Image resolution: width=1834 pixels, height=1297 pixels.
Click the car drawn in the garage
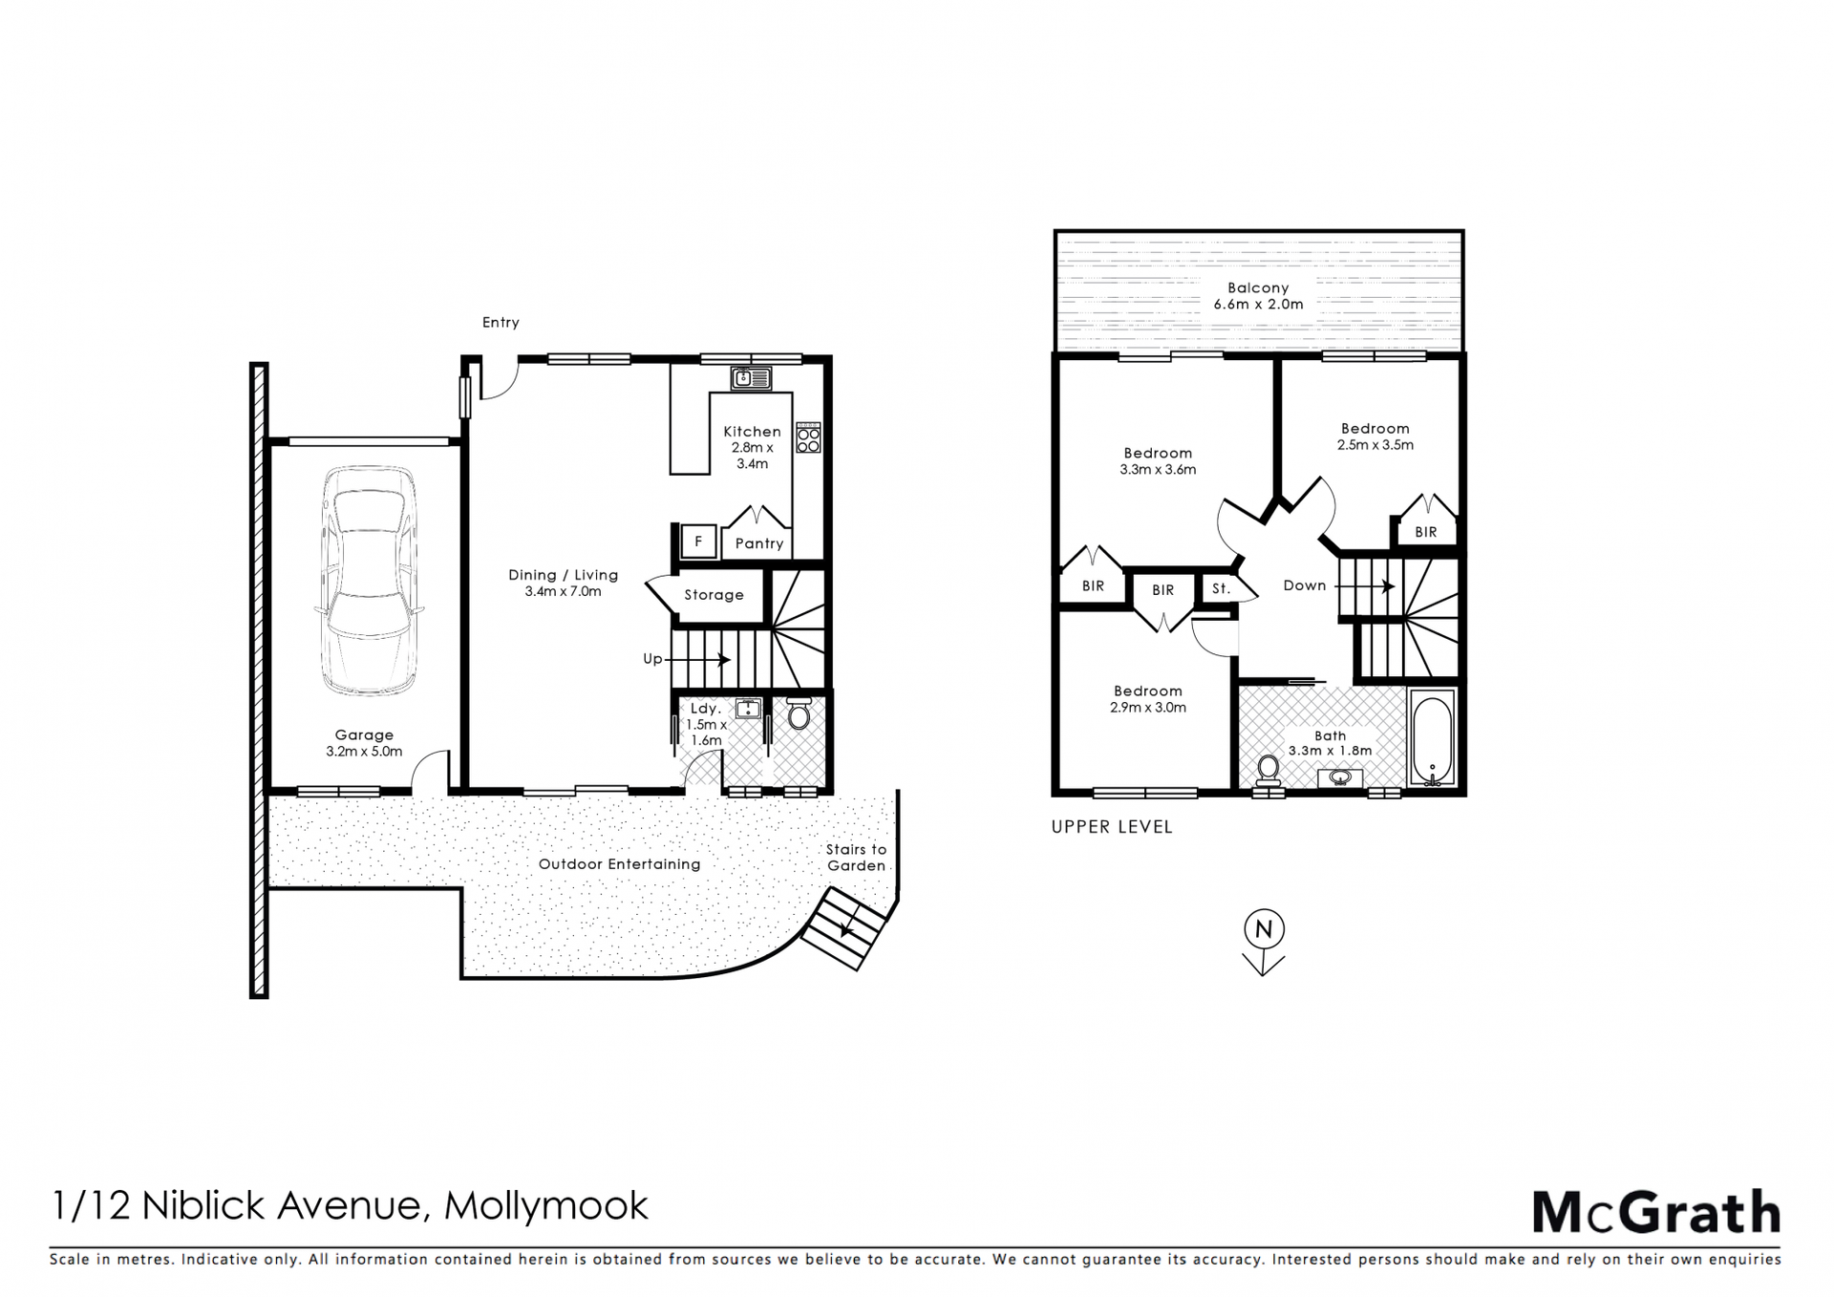(x=368, y=581)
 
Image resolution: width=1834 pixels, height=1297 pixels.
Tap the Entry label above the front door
(x=501, y=323)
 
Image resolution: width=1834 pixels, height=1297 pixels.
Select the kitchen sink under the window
(x=751, y=379)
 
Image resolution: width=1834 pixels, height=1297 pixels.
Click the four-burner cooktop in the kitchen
(x=808, y=437)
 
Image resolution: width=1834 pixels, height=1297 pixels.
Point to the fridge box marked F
(x=698, y=542)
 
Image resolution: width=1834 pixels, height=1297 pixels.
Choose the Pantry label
(x=759, y=543)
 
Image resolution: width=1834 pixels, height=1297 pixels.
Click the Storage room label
(x=714, y=595)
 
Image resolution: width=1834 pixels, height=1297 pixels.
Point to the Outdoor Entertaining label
(x=619, y=864)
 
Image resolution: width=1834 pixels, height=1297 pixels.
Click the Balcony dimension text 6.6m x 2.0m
(x=1258, y=305)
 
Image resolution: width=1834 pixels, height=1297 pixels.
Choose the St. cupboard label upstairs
(x=1221, y=589)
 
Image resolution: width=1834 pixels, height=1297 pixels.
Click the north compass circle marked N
(x=1264, y=928)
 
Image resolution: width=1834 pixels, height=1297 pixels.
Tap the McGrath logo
(x=1656, y=1213)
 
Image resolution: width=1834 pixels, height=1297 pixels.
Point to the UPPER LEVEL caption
(x=1112, y=827)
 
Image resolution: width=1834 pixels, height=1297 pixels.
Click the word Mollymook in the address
(x=546, y=1206)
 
